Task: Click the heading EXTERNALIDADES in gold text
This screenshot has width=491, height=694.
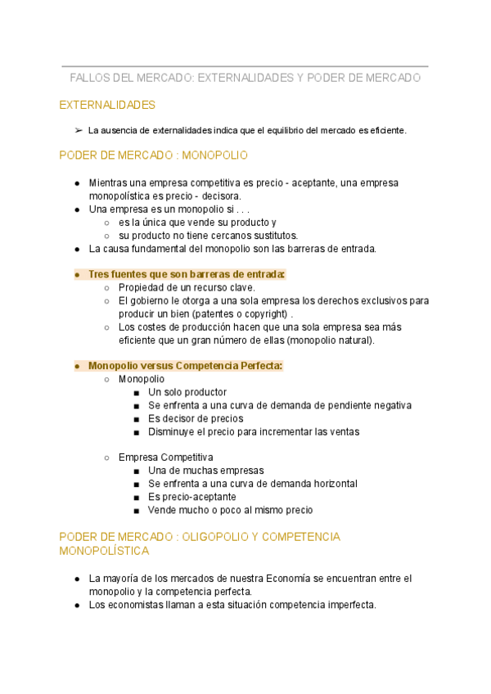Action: [107, 106]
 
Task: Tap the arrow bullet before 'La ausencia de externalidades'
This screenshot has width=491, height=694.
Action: [78, 130]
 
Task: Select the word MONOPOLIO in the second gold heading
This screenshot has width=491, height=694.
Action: [214, 155]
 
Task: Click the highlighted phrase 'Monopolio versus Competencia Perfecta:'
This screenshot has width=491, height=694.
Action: [185, 366]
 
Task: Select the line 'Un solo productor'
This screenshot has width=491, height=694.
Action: [187, 392]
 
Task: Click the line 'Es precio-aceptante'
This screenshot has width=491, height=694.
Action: [191, 497]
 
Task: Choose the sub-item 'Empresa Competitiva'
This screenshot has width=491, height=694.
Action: [165, 457]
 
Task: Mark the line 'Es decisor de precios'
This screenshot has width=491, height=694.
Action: [196, 418]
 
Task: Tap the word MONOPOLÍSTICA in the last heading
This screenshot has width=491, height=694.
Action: [104, 552]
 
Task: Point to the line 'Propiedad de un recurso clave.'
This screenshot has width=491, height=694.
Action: [187, 287]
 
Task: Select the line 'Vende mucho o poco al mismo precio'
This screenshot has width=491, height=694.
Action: [230, 510]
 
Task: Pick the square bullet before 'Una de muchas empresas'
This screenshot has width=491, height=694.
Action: [136, 471]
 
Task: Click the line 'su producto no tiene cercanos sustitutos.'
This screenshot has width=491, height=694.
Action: [208, 236]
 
